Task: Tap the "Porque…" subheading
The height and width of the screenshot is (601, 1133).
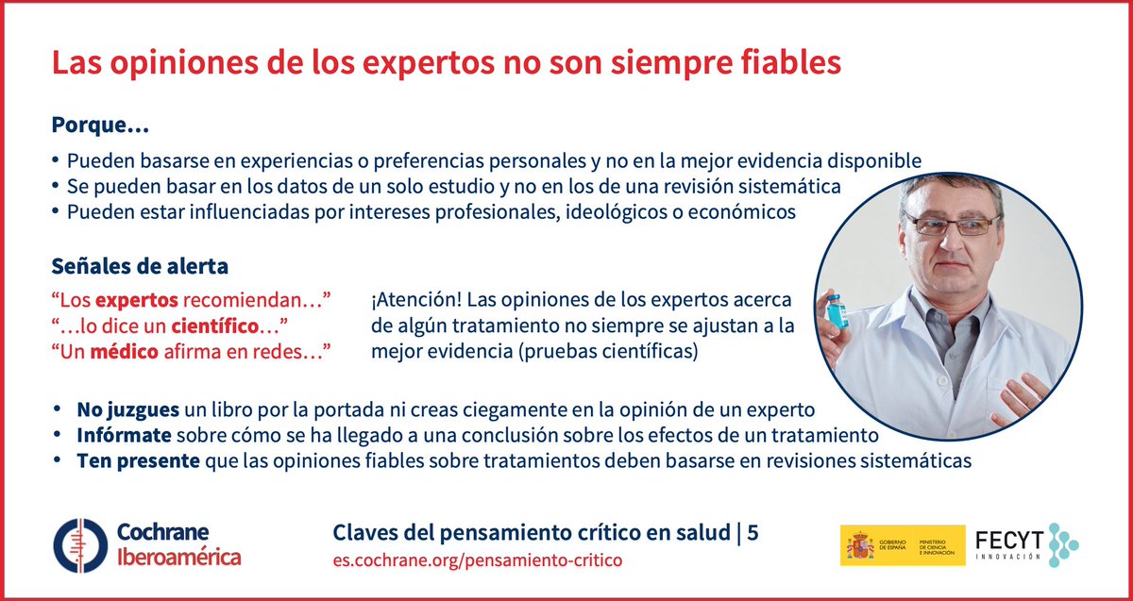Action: (100, 125)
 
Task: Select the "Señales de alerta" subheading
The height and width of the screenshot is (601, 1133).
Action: (139, 266)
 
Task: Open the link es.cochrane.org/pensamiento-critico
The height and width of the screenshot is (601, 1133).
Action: (478, 560)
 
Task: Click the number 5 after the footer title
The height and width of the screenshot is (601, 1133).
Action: (753, 533)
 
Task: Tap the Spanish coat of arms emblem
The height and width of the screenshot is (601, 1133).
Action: (859, 545)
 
